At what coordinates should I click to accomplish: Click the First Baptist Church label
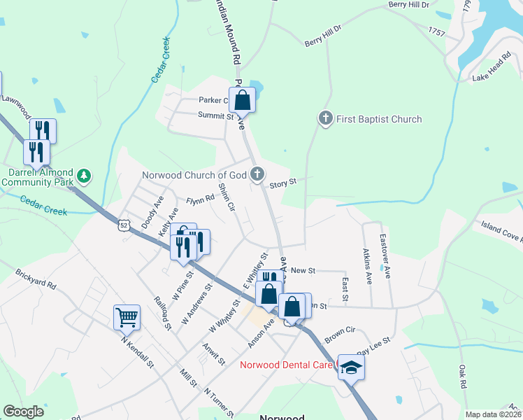(379, 119)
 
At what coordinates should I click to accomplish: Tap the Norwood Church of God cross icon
(258, 173)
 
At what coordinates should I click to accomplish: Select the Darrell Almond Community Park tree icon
(85, 175)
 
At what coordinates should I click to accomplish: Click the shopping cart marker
(127, 316)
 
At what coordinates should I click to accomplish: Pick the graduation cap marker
(351, 367)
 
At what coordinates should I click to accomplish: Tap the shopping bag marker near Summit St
(242, 99)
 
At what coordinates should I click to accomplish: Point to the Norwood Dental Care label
(287, 365)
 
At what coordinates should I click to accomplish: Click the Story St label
(283, 182)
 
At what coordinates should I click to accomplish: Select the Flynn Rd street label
(199, 201)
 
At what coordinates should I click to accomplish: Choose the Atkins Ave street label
(368, 265)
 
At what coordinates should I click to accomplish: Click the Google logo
(24, 412)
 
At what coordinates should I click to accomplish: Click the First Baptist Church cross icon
(325, 118)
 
